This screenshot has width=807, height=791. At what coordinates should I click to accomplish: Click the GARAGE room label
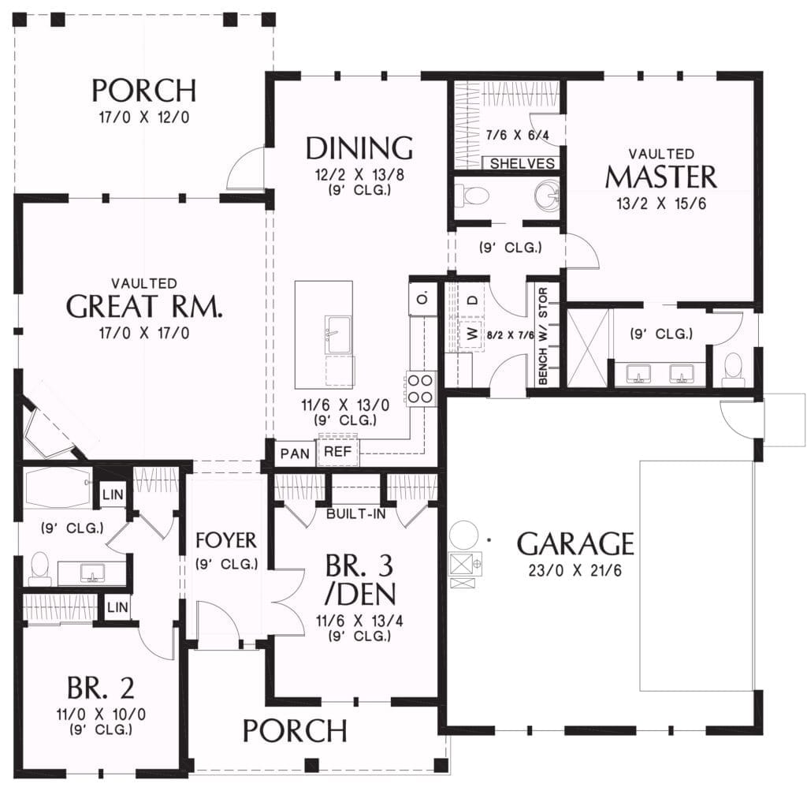pos(575,544)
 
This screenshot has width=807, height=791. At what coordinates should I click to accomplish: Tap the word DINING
pos(359,147)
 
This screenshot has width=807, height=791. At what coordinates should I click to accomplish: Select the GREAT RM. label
pos(145,307)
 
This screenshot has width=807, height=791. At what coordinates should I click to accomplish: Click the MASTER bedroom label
pos(661,177)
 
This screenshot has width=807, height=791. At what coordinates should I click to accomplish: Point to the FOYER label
pos(226,540)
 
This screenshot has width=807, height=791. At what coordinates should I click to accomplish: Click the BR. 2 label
pos(101,687)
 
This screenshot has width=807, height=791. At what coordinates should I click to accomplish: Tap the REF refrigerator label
pos(337,452)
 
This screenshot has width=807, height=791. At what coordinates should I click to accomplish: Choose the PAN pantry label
pos(295,453)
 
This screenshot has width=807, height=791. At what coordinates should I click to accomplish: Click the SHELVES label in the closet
pos(522,164)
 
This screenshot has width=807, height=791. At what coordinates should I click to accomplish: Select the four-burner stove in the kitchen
pos(421,388)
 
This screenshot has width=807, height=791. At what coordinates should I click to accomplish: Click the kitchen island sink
pos(338,335)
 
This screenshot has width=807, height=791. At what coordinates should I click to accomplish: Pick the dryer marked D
pos(474,300)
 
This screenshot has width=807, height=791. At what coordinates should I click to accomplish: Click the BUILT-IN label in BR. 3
pos(356,513)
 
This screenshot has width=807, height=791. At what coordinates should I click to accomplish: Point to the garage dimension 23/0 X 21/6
pos(575,571)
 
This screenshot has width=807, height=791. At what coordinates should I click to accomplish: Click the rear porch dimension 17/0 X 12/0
pos(144,118)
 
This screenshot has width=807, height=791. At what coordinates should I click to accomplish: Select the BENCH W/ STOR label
pos(543,336)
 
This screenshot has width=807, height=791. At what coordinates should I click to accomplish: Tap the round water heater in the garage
pos(462,535)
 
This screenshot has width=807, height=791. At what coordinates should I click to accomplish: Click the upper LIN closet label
pos(113,494)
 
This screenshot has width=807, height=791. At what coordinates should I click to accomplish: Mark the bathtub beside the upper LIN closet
pos(57,487)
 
